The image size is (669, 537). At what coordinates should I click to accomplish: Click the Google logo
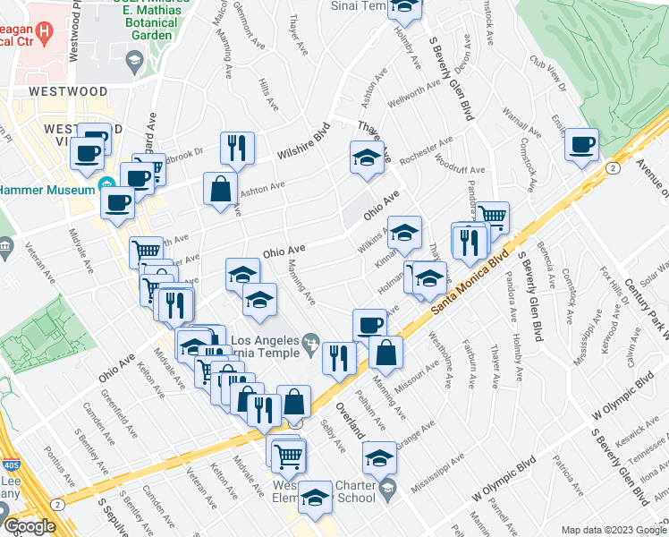[x=30, y=526]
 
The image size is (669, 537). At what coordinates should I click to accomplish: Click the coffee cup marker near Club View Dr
[x=581, y=144]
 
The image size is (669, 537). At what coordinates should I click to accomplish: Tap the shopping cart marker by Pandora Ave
[x=492, y=216]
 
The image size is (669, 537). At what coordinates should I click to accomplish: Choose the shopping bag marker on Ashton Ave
[x=220, y=190]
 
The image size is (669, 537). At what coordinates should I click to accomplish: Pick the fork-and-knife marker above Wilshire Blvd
[x=237, y=148]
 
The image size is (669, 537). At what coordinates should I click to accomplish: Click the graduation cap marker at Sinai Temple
[x=406, y=7]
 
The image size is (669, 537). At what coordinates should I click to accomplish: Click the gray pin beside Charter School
[x=386, y=489]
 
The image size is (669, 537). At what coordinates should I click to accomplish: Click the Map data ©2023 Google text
[x=613, y=530]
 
